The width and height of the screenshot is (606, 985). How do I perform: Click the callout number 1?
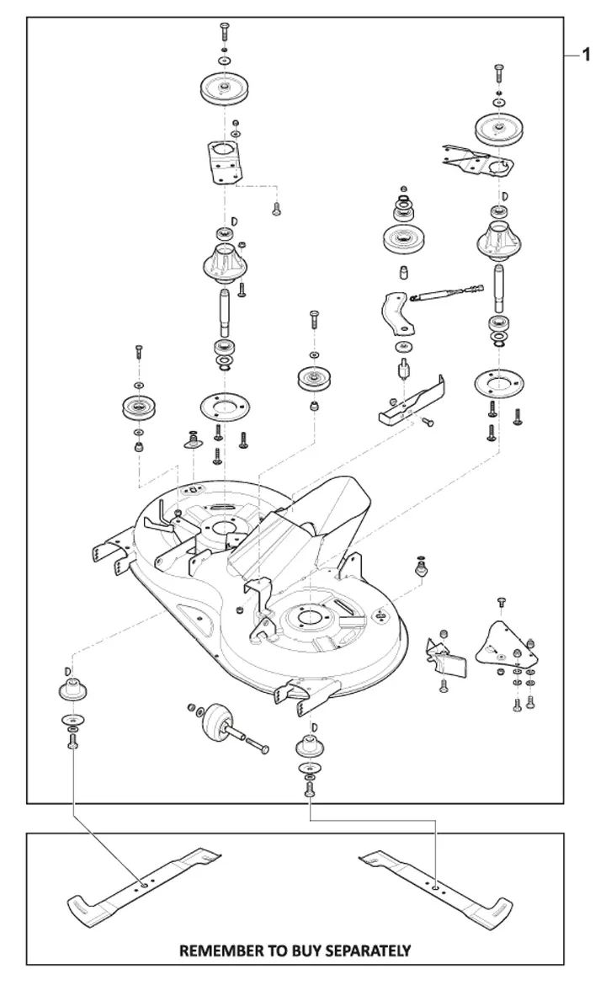point(587,56)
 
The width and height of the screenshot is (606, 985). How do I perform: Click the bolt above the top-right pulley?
point(498,73)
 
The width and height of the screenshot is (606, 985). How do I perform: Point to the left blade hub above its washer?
point(73,689)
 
